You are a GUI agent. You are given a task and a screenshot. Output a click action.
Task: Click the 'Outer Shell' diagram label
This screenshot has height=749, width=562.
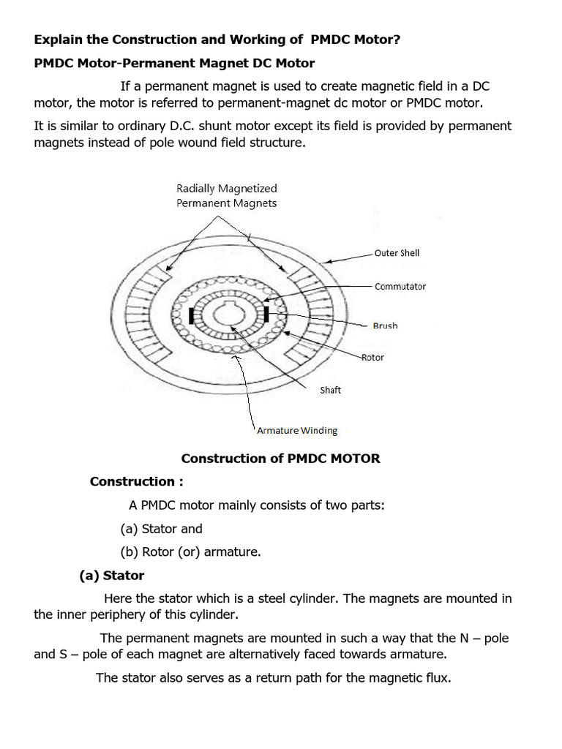click(397, 253)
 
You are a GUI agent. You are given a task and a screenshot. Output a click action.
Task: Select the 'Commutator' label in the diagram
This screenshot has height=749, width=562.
click(400, 286)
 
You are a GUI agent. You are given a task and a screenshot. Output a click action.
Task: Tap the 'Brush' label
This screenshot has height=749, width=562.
click(385, 325)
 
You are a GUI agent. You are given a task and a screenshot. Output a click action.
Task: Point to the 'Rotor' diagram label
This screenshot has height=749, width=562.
click(372, 357)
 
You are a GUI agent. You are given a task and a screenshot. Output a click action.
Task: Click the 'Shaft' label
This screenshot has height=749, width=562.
click(330, 390)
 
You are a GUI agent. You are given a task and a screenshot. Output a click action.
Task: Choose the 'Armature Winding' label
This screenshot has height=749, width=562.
click(297, 430)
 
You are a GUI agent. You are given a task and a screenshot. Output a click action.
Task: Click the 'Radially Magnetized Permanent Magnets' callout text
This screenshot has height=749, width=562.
click(226, 196)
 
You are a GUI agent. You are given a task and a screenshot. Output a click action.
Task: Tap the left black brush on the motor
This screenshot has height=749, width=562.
click(192, 316)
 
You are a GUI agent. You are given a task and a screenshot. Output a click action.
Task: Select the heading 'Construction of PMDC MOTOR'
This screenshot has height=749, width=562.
click(280, 459)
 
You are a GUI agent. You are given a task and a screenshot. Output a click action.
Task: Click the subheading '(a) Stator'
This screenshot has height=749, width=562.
click(112, 575)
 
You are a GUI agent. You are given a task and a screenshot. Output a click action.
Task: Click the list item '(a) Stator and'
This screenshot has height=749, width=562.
click(161, 528)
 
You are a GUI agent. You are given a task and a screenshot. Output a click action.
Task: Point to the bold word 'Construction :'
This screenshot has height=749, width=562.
click(136, 481)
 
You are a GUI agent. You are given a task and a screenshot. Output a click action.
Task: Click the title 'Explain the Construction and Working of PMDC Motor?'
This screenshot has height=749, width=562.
click(217, 39)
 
